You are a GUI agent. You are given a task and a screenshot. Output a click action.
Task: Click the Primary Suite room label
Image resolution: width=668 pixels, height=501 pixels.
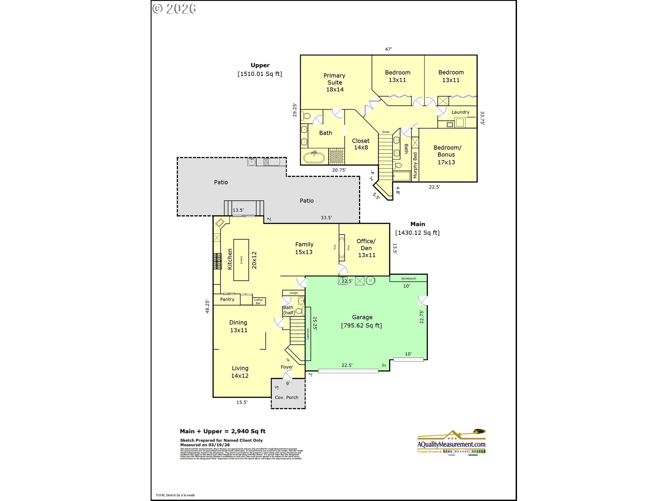click(334, 82)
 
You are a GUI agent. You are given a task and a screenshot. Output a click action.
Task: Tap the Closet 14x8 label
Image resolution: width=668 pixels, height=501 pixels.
click(361, 144)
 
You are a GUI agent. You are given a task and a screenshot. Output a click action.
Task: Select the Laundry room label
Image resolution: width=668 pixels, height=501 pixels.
click(460, 112)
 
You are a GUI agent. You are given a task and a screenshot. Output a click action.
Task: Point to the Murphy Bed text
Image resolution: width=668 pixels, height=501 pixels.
click(415, 165)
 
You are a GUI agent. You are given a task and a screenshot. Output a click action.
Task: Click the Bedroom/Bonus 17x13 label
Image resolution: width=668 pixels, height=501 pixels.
click(447, 155)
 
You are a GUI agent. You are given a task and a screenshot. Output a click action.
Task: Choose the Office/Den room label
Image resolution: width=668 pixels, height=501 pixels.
click(366, 248)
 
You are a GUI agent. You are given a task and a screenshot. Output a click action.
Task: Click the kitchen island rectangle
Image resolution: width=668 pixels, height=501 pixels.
click(241, 260)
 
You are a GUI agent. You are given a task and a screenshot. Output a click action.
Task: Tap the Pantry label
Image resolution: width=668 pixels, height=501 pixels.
click(227, 299)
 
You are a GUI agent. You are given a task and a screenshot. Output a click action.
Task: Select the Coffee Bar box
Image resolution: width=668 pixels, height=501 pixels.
click(259, 301)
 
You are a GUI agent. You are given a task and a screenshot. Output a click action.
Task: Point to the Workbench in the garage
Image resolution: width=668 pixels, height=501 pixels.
click(408, 278)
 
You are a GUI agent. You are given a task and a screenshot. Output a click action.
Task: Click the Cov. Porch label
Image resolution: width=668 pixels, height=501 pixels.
click(286, 397)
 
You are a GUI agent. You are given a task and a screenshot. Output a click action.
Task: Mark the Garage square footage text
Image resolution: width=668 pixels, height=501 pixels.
click(361, 326)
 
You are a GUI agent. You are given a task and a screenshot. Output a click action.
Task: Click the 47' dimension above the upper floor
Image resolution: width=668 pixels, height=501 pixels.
click(388, 49)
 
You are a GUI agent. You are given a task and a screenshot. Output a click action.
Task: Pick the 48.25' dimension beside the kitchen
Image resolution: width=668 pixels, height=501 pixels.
click(207, 306)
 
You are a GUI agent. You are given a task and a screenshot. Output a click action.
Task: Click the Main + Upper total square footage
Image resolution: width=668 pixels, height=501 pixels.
click(223, 431)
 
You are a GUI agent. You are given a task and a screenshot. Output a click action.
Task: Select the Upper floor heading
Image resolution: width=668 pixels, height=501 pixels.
click(260, 65)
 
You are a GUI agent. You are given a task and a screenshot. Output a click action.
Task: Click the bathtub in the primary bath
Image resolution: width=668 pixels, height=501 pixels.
click(314, 157)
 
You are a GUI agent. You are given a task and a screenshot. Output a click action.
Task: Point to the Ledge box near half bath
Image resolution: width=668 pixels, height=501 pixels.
click(294, 293)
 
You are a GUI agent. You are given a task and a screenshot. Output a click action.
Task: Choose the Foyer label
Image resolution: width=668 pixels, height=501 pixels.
click(287, 367)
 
